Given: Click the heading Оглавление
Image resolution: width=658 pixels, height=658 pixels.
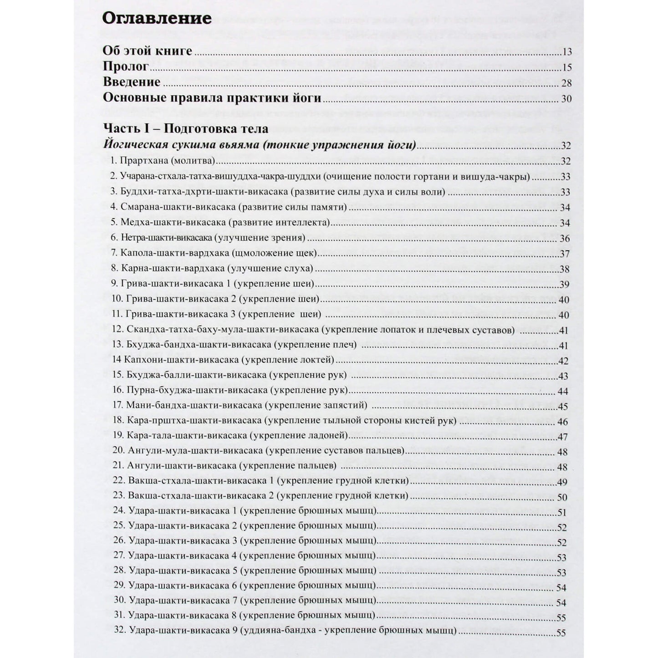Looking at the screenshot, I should tap(157, 18).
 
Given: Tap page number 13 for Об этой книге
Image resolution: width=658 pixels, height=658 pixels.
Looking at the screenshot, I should tap(566, 52).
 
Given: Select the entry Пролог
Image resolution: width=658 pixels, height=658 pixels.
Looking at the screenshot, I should tap(126, 66).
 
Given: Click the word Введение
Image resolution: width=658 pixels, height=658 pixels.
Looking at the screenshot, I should tap(132, 82).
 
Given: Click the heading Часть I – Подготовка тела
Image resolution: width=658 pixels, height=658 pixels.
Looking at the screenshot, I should tap(186, 128).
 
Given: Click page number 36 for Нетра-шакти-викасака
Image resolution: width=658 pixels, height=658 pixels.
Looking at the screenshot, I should tap(565, 239).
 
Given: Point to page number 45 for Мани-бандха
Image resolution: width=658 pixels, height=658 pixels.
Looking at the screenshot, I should tap(563, 407).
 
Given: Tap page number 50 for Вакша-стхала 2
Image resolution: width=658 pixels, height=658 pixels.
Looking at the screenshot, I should tap(562, 497).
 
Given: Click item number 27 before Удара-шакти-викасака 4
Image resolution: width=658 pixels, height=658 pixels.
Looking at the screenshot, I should tap(119, 556).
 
